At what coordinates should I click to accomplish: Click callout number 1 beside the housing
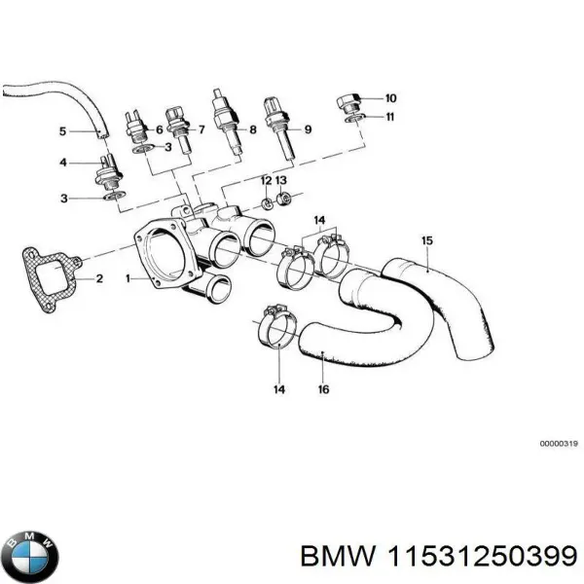pos(128,278)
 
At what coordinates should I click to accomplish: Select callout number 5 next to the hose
pos(63,130)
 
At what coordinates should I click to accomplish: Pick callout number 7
pos(201,130)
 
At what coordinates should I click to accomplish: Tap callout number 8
pos(252,130)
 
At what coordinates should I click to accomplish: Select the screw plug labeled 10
pos(349,102)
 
